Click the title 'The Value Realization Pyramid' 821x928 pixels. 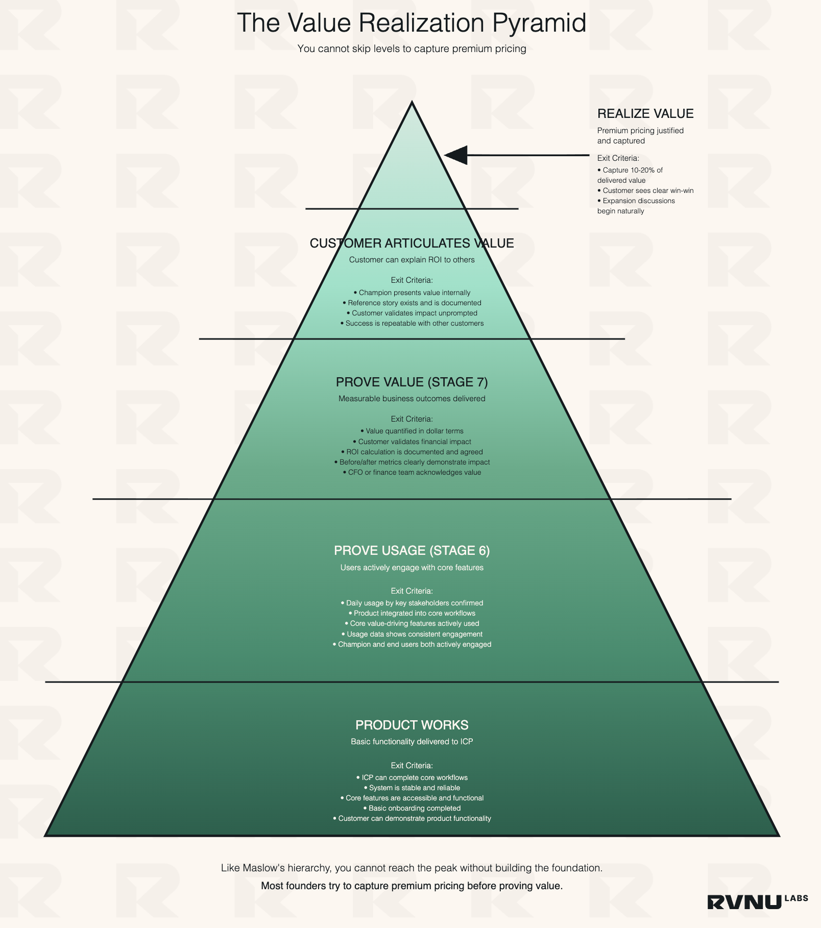(412, 23)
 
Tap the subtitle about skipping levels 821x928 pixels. (412, 49)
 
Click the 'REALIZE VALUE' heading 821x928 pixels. (645, 114)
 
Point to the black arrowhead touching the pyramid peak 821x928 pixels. (456, 155)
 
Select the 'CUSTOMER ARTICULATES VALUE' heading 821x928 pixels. (412, 243)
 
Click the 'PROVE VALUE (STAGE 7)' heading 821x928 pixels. (412, 382)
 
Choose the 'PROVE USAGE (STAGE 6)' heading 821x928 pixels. (412, 551)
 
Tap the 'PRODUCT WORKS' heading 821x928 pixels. (412, 725)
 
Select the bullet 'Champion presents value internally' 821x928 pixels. (412, 293)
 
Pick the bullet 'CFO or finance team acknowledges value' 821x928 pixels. (412, 473)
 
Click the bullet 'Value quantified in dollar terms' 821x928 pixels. (412, 431)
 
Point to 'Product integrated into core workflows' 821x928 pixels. (412, 614)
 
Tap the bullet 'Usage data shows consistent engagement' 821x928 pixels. (412, 634)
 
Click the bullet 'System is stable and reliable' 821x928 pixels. (412, 788)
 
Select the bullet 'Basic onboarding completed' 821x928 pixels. (412, 809)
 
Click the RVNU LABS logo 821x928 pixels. (757, 901)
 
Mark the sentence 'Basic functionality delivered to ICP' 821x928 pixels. (412, 742)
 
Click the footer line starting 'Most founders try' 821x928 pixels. (412, 886)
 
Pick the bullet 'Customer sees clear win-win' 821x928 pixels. (646, 191)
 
